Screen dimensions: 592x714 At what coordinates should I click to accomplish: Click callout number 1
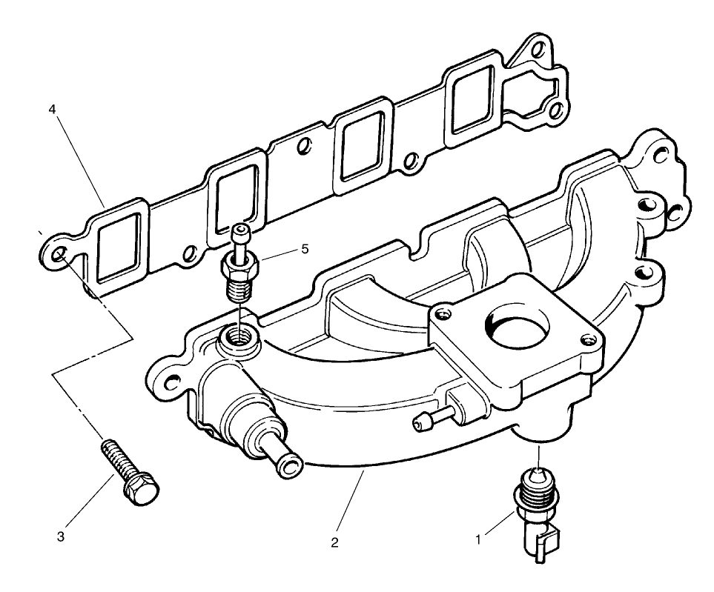(x=478, y=540)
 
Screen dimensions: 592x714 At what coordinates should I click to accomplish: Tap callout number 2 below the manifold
(x=334, y=543)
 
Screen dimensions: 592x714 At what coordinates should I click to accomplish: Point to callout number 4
(x=52, y=109)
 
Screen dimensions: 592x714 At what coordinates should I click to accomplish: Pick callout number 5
(x=304, y=249)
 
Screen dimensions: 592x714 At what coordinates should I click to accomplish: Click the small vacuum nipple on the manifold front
(x=420, y=422)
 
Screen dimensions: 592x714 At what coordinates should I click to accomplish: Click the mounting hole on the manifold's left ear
(x=169, y=384)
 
